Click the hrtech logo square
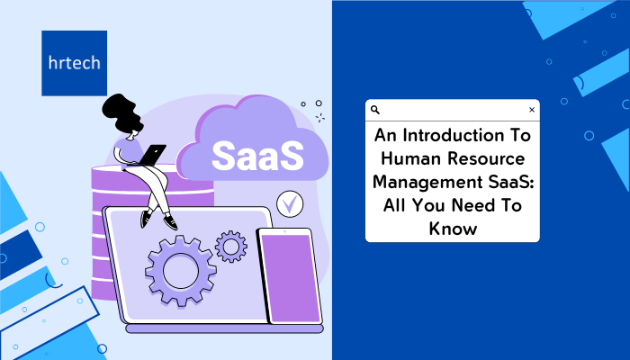point(75,63)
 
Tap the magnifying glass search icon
point(375,110)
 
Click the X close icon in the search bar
point(532,110)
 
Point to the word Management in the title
point(427,183)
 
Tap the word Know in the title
point(453,229)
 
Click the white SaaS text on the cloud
point(257,156)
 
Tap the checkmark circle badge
point(290,203)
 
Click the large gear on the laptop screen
point(180,271)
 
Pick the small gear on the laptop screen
point(231,247)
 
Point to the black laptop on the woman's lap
point(152,155)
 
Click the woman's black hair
point(121,112)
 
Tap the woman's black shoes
point(158,220)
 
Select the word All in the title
point(394,205)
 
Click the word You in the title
point(427,205)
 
